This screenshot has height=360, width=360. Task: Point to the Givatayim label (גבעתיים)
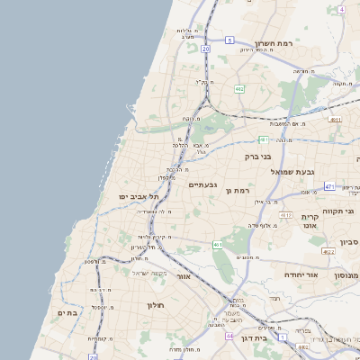(202, 184)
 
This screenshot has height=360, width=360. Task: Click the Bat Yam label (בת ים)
(67, 311)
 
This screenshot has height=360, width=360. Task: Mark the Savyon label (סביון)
(349, 241)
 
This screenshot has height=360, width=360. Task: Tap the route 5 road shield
(229, 40)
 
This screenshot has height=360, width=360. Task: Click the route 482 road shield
(239, 89)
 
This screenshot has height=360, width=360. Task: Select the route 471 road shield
(329, 186)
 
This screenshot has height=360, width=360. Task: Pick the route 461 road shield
(218, 244)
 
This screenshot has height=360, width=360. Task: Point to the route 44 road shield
(229, 336)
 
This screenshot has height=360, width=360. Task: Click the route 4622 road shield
(328, 252)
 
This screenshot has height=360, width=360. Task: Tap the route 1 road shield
(282, 337)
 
